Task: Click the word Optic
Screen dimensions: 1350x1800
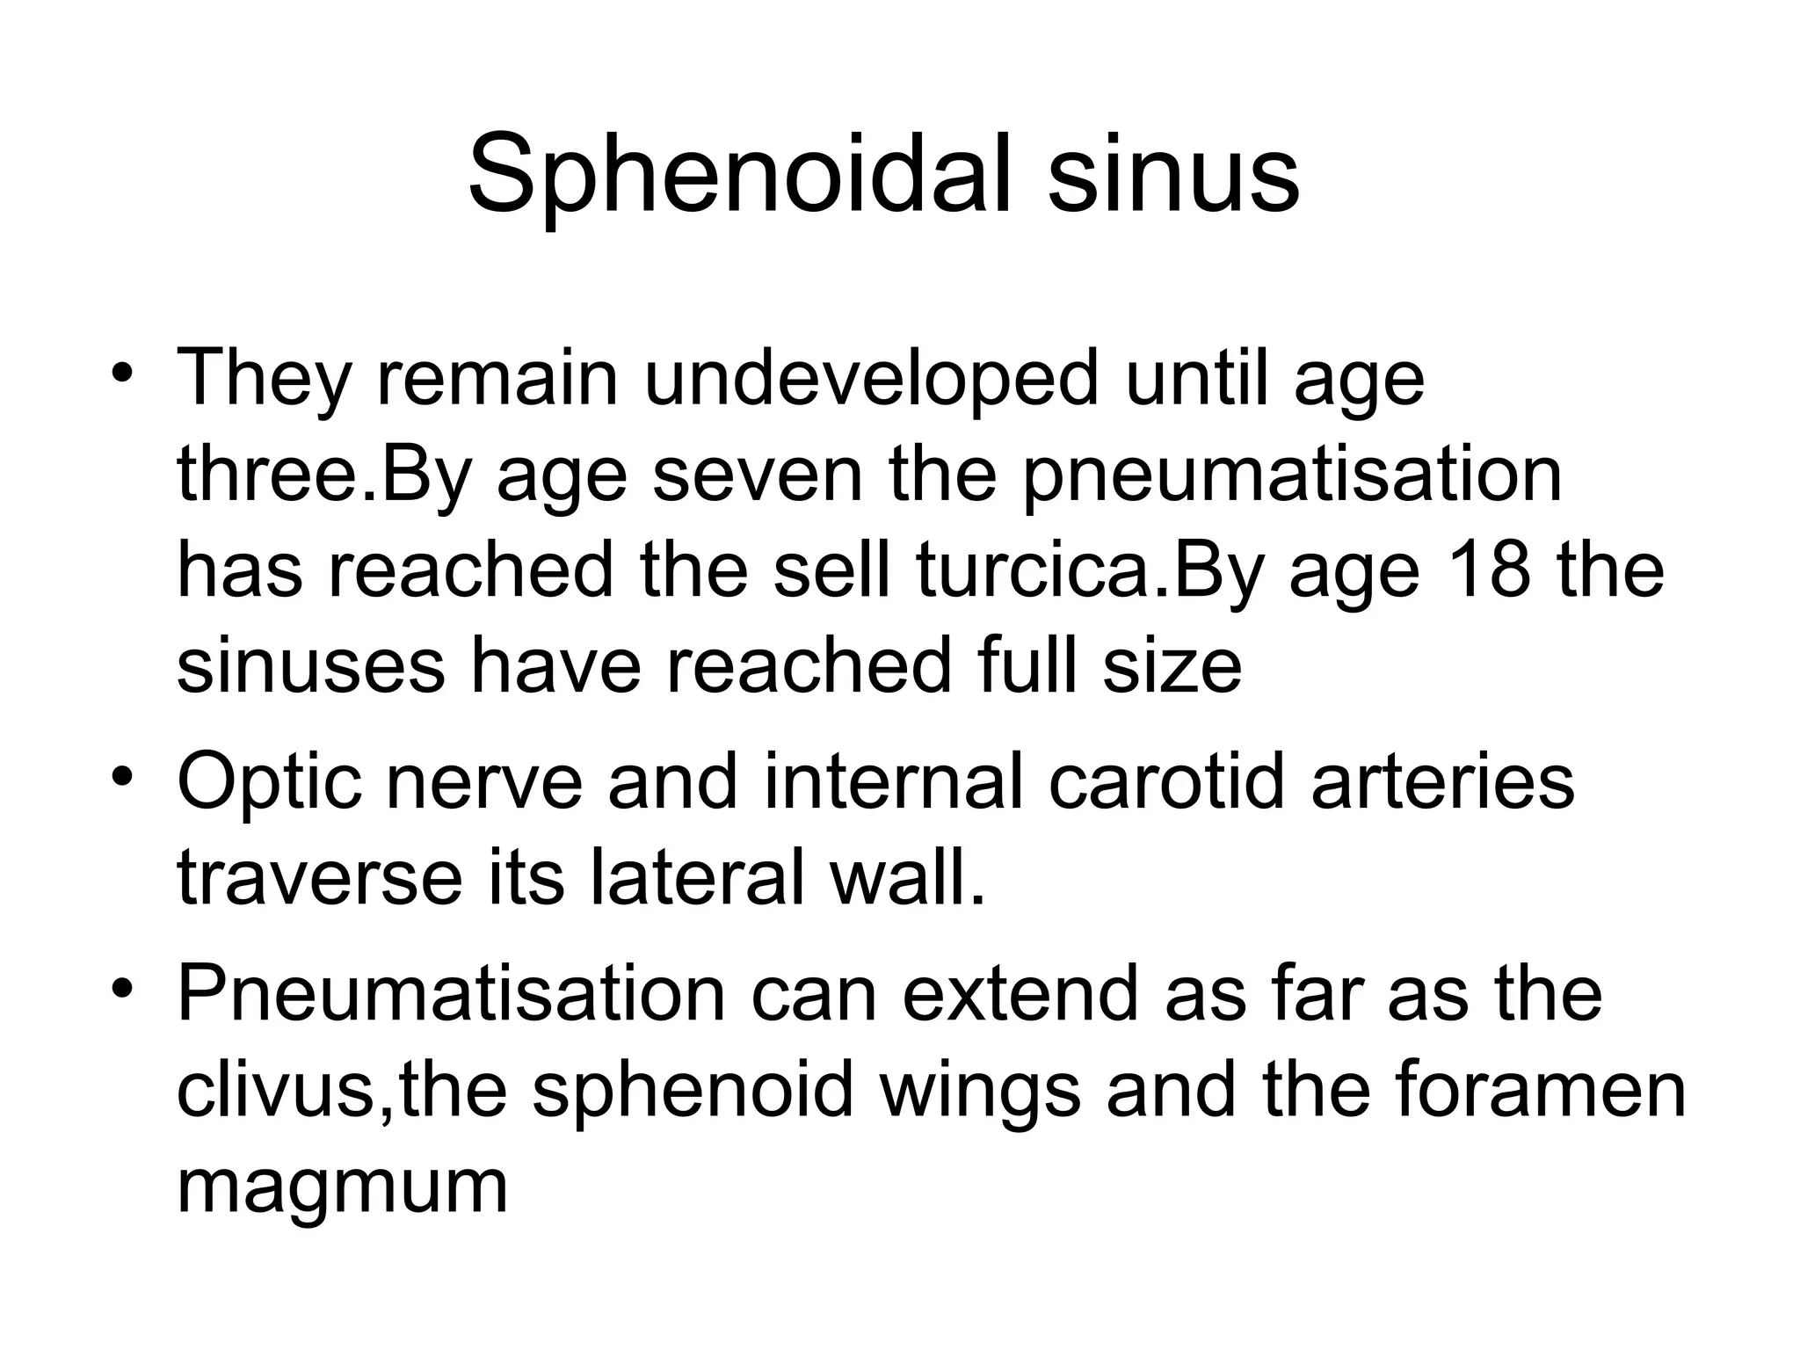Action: click(x=269, y=782)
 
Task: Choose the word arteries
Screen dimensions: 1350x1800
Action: click(x=1442, y=782)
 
